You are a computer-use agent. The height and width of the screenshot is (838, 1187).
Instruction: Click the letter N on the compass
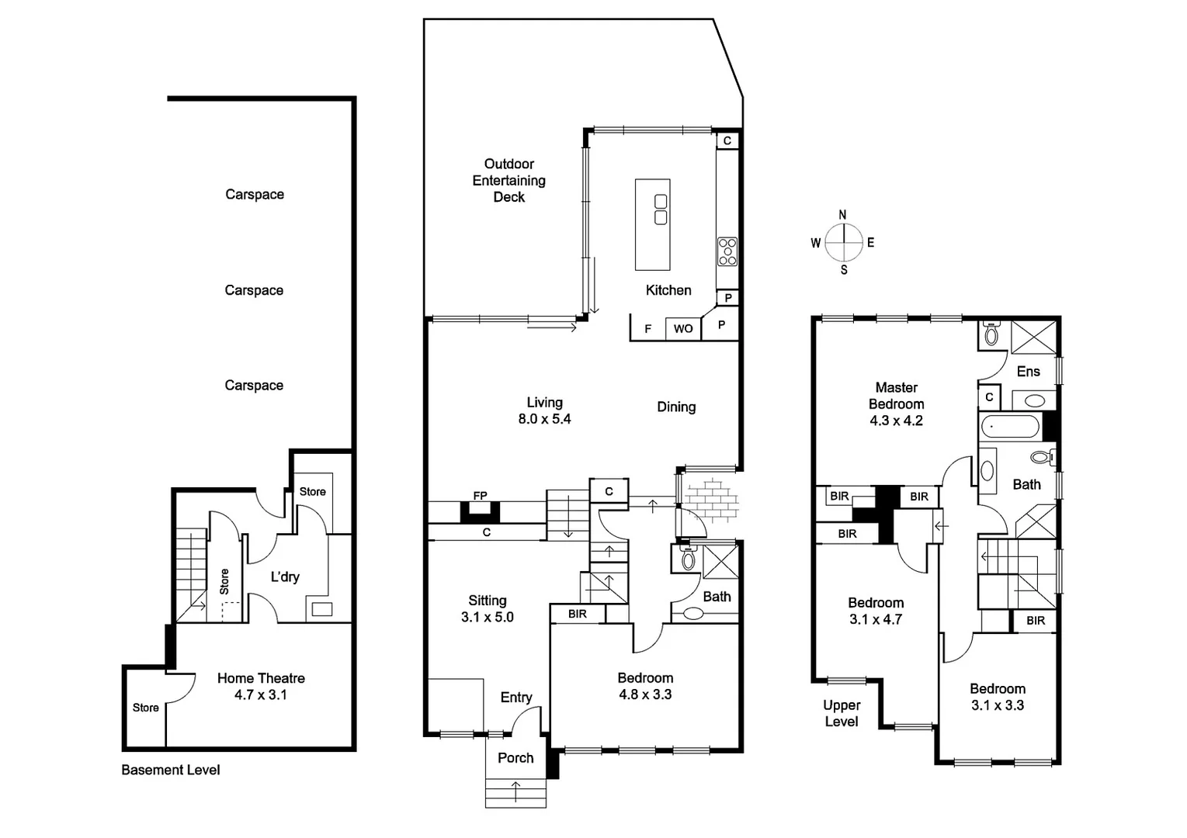[x=843, y=215]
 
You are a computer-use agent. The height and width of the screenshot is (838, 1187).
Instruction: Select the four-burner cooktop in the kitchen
[x=727, y=251]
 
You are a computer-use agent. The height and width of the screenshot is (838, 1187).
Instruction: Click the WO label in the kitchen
[x=683, y=329]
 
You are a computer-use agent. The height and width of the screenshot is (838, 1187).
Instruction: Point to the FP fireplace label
[x=480, y=496]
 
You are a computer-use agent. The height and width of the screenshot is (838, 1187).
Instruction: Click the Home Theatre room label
[x=261, y=678]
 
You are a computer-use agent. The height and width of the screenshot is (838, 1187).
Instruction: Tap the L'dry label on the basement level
[x=285, y=577]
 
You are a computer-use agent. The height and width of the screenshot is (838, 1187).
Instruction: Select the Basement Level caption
[x=171, y=770]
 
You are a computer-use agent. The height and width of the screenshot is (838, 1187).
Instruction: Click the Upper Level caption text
[x=842, y=713]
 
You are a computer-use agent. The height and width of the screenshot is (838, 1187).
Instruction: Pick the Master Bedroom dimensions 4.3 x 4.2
[x=896, y=421]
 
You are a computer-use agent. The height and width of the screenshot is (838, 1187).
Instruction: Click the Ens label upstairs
[x=1028, y=372]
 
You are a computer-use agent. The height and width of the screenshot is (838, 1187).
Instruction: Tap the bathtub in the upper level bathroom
[x=1010, y=428]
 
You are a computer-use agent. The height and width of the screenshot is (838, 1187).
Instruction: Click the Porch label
[x=515, y=758]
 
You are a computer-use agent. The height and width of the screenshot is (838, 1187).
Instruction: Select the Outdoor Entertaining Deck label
[x=509, y=181]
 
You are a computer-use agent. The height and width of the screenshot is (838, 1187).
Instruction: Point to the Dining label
[x=676, y=407]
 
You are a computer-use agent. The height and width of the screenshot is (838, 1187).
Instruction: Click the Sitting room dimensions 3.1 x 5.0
[x=488, y=618]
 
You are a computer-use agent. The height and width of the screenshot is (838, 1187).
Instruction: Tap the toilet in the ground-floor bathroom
[x=687, y=558]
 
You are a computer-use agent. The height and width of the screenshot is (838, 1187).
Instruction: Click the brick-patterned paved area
[x=711, y=500]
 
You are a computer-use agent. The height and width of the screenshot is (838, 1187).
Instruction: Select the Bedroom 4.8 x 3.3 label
[x=645, y=686]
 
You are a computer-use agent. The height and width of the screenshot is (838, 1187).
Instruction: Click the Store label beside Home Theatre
[x=145, y=708]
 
